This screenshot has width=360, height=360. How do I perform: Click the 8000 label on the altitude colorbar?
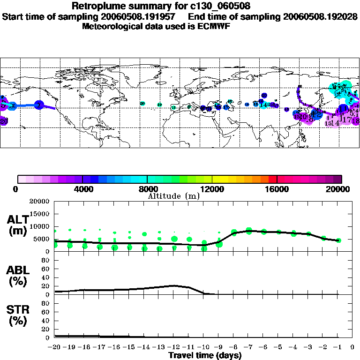coord(147,189)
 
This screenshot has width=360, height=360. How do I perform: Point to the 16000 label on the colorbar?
coord(277,189)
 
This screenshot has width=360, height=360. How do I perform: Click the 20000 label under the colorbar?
coord(341,189)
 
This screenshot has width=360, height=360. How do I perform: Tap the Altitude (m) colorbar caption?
coord(173,195)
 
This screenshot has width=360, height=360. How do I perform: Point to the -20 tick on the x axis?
coord(55,347)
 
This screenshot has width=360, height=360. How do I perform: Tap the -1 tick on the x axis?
coord(338,347)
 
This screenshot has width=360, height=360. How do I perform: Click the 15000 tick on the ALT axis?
coord(39,214)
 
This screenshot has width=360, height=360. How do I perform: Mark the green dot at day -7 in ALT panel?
coord(249,231)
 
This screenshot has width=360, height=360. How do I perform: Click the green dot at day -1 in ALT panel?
coord(338,240)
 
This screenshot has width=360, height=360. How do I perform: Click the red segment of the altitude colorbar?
coord(273,179)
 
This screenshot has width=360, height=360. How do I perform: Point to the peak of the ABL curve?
coord(174,285)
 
